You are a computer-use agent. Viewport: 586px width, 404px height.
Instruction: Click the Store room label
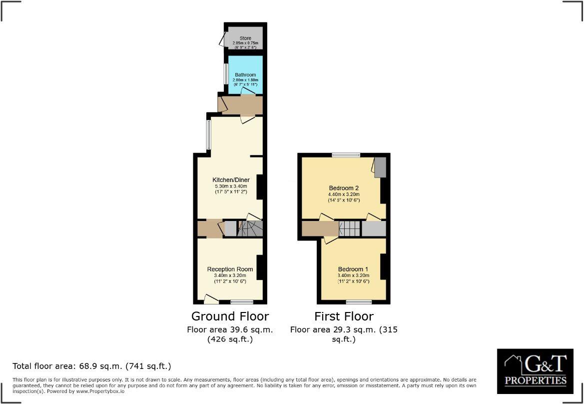(x=245, y=38)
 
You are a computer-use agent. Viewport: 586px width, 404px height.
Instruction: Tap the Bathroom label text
(x=245, y=75)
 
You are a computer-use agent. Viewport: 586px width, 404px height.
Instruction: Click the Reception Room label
(x=230, y=269)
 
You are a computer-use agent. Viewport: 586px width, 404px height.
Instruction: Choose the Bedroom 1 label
(x=353, y=269)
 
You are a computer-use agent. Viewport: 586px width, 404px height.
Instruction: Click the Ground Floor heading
(x=230, y=316)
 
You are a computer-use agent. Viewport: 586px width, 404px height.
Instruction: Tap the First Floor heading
(x=344, y=316)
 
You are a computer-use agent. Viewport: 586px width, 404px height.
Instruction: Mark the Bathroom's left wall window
(x=226, y=74)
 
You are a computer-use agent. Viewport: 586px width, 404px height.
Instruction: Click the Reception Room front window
(x=242, y=301)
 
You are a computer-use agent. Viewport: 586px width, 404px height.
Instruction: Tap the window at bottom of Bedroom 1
(x=359, y=301)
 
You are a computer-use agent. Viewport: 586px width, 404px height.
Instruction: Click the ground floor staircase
(x=250, y=228)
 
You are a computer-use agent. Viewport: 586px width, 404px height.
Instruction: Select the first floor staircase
(x=350, y=228)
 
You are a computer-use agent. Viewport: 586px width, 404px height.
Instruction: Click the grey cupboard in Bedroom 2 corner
(x=380, y=167)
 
